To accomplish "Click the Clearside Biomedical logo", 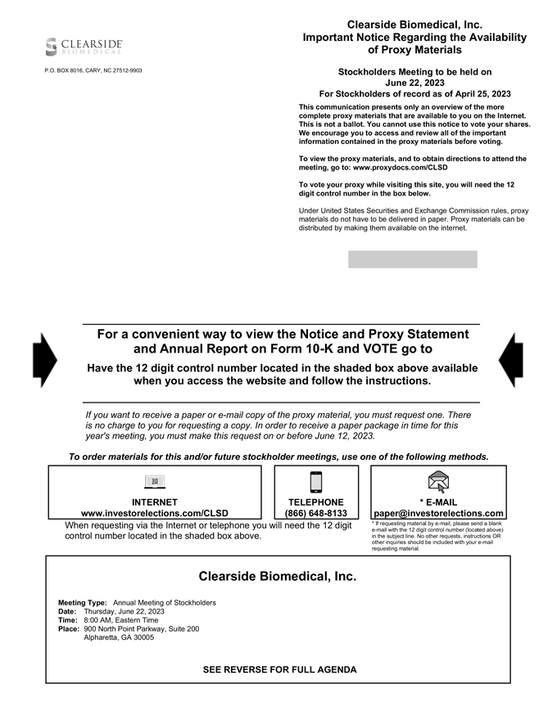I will (84, 46).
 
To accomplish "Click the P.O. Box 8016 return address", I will (93, 70).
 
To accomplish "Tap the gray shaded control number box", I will (412, 259).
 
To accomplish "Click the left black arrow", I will (44, 360).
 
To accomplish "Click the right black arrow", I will (510, 360).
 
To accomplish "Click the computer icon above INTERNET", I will (155, 482).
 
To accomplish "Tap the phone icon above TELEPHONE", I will (316, 482).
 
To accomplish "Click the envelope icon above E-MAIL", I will (438, 482).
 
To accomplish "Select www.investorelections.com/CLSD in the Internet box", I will (155, 514).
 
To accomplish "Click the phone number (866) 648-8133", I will (316, 514).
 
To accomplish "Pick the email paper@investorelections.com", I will (438, 514).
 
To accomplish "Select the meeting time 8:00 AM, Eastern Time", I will (121, 620).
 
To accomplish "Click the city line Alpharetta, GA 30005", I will (119, 637).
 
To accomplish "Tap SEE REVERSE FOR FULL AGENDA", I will (279, 669).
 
